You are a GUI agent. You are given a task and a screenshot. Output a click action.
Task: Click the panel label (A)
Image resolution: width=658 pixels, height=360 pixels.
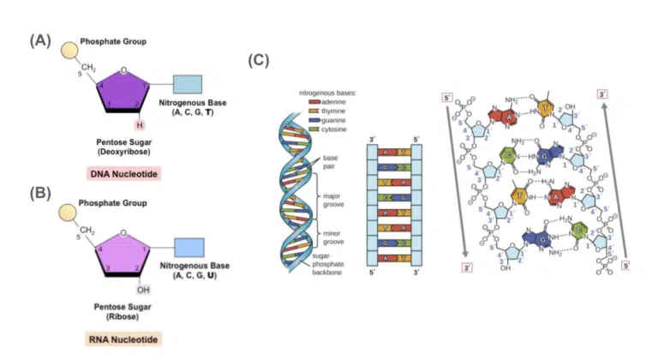pyautogui.click(x=40, y=39)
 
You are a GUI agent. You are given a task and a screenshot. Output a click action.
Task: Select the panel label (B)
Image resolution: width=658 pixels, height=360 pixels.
pyautogui.click(x=40, y=191)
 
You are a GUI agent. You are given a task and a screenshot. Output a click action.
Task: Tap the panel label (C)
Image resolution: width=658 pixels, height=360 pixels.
pyautogui.click(x=259, y=61)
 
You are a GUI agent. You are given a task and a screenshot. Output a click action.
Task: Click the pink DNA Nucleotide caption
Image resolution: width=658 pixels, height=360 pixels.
pyautogui.click(x=125, y=173)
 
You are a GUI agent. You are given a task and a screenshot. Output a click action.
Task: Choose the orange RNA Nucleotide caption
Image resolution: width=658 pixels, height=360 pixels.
pyautogui.click(x=125, y=339)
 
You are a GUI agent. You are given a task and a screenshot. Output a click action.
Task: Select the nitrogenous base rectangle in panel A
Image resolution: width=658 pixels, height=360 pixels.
pyautogui.click(x=187, y=84)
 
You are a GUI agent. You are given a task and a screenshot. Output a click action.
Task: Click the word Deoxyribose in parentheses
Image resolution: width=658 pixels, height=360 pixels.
pyautogui.click(x=125, y=152)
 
